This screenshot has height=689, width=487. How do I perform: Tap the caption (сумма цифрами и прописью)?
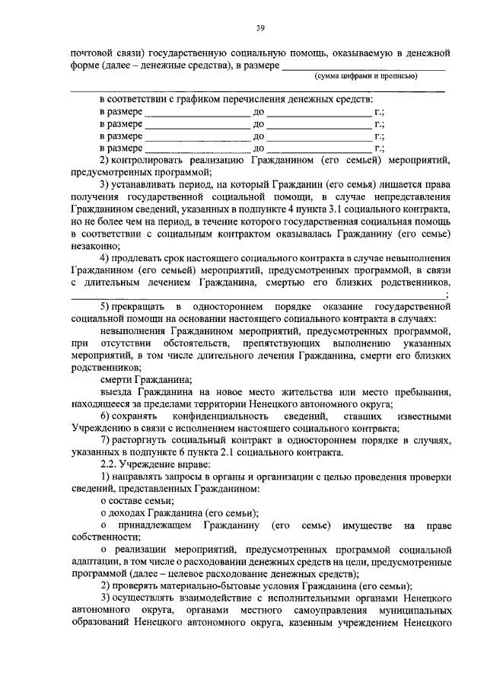pyautogui.click(x=365, y=77)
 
